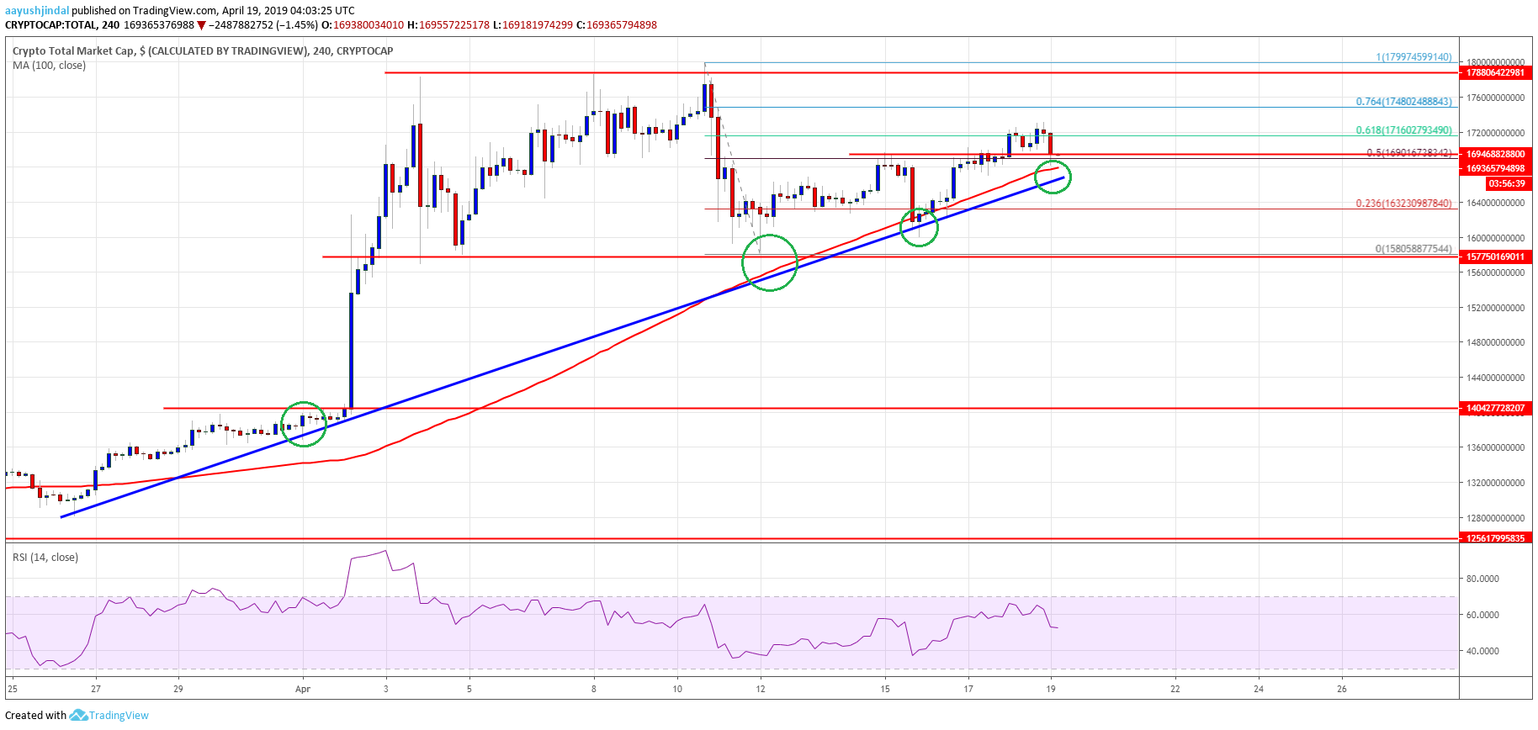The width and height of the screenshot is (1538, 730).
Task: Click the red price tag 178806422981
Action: coord(1495,73)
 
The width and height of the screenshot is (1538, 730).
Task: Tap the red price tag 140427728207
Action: coord(1495,408)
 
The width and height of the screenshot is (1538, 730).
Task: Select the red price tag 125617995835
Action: coord(1495,538)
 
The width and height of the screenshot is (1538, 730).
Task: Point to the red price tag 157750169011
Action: coord(1495,257)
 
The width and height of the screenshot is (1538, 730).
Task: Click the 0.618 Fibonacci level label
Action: coord(1403,130)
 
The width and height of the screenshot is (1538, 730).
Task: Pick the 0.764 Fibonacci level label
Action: coord(1403,102)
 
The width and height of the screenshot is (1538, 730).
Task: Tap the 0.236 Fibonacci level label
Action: coord(1403,204)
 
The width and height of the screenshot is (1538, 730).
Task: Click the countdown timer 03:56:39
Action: coord(1506,183)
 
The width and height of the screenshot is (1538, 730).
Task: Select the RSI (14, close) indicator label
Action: coord(45,558)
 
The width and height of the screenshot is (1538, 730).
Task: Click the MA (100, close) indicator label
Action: coord(49,66)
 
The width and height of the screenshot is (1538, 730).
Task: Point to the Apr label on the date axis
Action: coord(303,689)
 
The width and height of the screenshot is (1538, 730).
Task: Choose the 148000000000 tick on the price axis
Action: coord(1495,342)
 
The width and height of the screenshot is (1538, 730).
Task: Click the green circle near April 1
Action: coord(303,424)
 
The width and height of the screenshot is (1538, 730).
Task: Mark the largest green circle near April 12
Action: coord(769,263)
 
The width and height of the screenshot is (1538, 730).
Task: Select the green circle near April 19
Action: coord(1053,177)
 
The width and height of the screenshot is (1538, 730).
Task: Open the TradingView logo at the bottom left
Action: coord(109,716)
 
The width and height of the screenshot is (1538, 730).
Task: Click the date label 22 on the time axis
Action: coord(1175,689)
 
